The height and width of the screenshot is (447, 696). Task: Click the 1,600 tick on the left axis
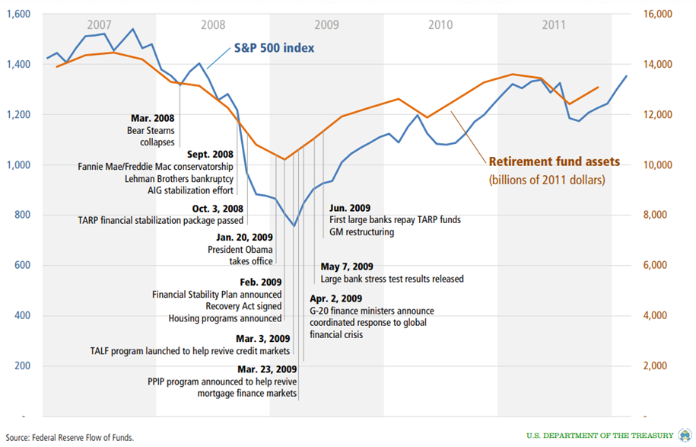(18, 14)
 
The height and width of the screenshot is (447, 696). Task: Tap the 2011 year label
(554, 24)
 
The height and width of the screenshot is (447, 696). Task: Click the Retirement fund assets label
(555, 162)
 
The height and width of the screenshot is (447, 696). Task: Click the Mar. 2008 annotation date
(152, 119)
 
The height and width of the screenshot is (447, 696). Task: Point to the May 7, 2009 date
(347, 267)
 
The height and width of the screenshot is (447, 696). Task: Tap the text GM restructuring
(362, 231)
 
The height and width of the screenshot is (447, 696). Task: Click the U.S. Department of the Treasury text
(600, 435)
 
